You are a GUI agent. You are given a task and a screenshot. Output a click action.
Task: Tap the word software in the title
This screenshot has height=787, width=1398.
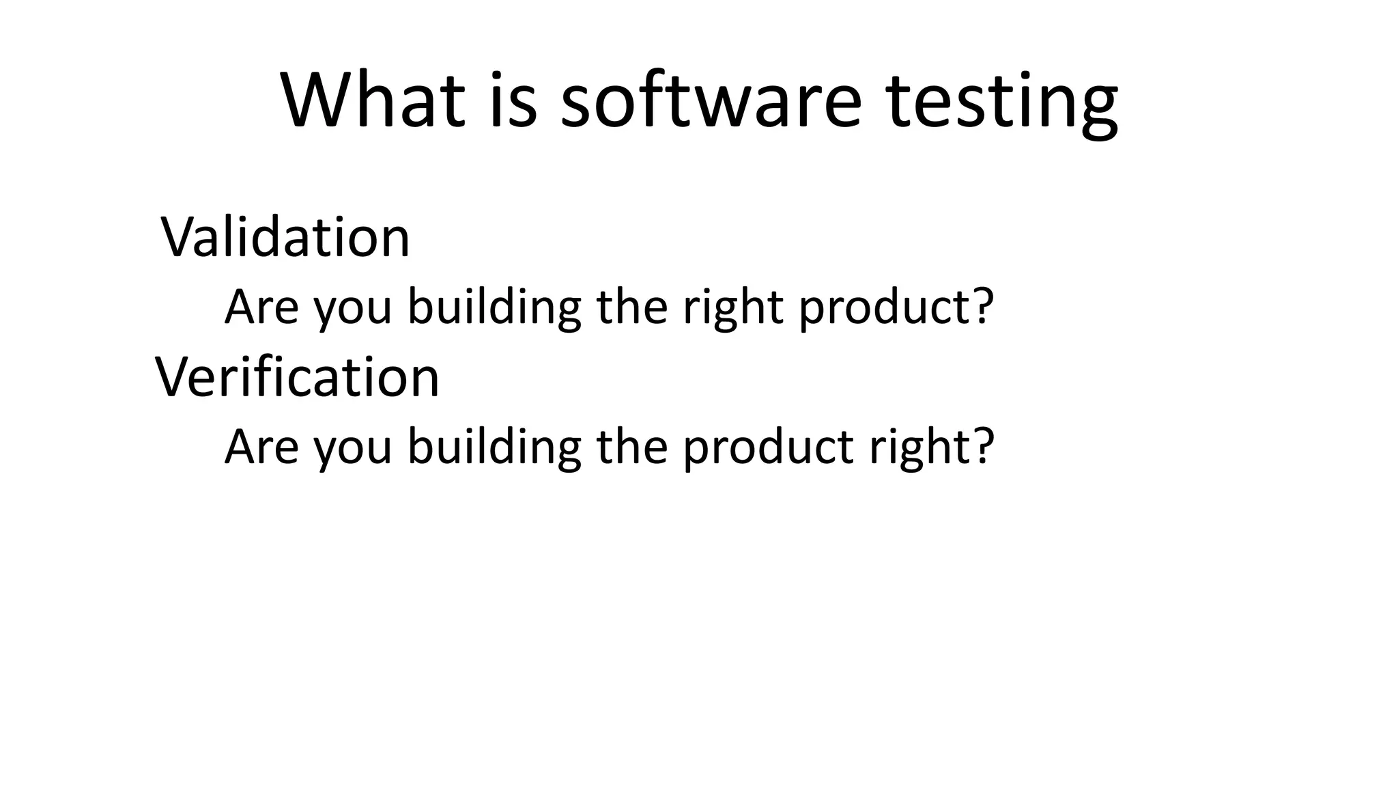pos(711,99)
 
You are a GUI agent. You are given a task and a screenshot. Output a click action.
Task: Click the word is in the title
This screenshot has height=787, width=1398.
pos(513,99)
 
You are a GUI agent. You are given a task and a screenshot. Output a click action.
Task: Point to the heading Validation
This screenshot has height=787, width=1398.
pos(285,237)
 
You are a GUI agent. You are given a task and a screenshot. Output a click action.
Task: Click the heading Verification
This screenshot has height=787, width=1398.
pos(297,376)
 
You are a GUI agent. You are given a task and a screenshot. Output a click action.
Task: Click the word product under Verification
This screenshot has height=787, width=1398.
pos(768,447)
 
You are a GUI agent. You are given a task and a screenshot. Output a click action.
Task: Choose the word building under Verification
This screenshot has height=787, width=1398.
pos(494,447)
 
